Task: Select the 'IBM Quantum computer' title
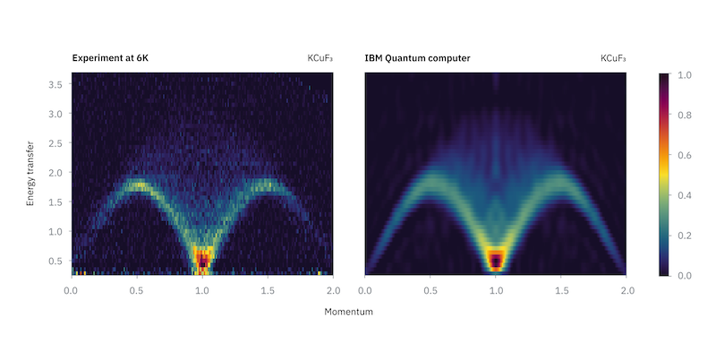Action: (x=417, y=59)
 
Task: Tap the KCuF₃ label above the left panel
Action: (x=320, y=59)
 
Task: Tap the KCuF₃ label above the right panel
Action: (x=613, y=59)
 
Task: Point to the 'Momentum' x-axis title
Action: (x=348, y=313)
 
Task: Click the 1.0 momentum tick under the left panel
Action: (x=202, y=290)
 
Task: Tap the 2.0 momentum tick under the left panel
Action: (x=333, y=290)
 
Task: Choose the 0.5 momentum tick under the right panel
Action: (x=430, y=290)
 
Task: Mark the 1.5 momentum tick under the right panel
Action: (x=561, y=290)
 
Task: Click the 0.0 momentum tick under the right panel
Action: (x=365, y=290)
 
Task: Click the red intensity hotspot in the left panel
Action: (x=203, y=261)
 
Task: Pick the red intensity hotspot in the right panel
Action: (x=496, y=261)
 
